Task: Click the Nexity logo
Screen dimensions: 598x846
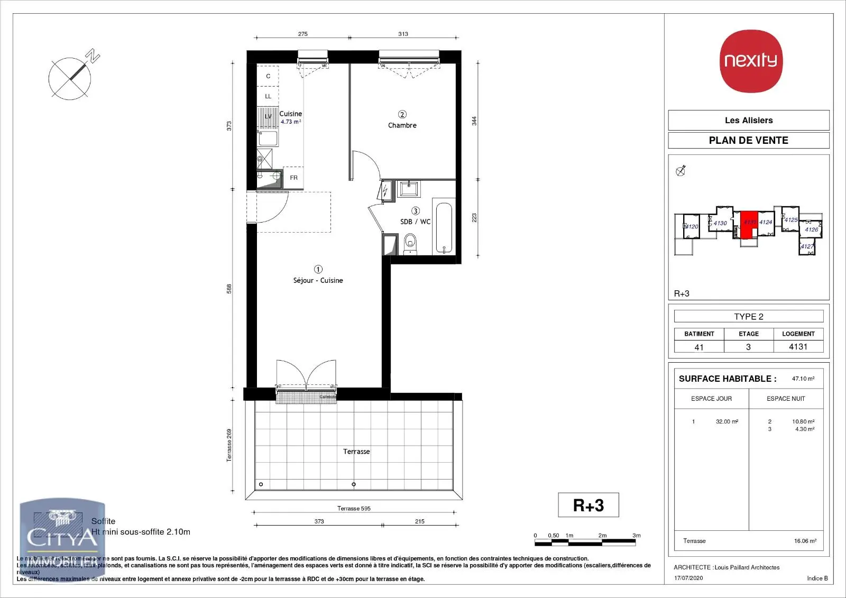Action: coord(751,60)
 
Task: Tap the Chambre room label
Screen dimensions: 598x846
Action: coord(402,125)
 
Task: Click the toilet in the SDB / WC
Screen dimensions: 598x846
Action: coord(410,244)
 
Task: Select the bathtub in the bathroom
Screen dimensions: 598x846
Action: coord(444,227)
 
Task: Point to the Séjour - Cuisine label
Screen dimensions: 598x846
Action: coord(318,280)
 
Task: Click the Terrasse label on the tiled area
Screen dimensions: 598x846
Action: coord(356,452)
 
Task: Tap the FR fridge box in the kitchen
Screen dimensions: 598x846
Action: coord(293,178)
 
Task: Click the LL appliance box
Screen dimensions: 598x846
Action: coord(268,96)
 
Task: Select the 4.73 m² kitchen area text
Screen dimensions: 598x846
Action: coord(291,122)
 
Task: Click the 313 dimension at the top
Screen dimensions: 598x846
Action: coord(403,34)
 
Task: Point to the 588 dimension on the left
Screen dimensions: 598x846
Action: coord(229,289)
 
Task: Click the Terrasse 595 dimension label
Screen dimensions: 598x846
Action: coord(354,509)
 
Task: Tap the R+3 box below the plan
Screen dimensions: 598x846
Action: coord(588,505)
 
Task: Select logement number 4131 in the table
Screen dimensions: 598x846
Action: coord(798,347)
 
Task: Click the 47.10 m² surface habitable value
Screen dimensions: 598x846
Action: coord(803,379)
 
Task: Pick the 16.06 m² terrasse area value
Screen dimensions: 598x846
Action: coord(805,541)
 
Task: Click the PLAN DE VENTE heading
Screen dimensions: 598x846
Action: coord(748,140)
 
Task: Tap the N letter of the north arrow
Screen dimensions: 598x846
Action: coord(94,56)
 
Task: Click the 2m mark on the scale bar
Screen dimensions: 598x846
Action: coord(602,536)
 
